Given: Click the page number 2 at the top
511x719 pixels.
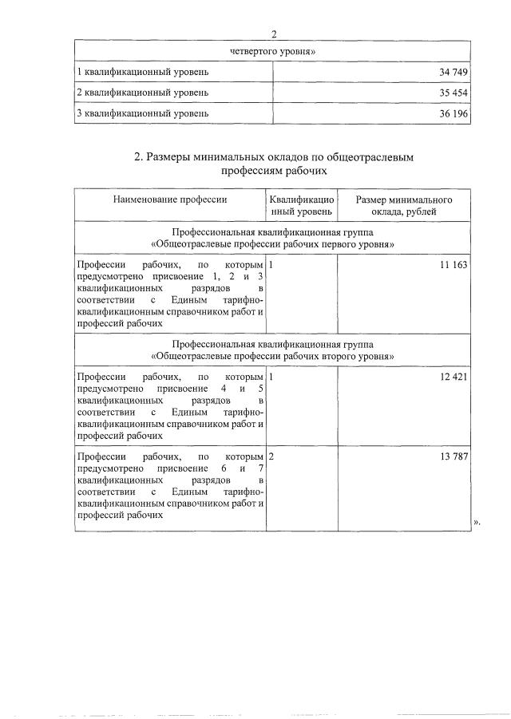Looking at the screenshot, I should point(274,34).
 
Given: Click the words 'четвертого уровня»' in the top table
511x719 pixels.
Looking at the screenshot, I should point(274,51).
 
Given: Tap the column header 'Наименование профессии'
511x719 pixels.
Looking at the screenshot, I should point(170,199).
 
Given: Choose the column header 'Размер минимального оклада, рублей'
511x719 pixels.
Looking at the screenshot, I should point(405,206).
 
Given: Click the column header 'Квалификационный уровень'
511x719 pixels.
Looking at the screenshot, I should point(301,206).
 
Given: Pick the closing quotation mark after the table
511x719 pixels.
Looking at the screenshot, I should point(477,522).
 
